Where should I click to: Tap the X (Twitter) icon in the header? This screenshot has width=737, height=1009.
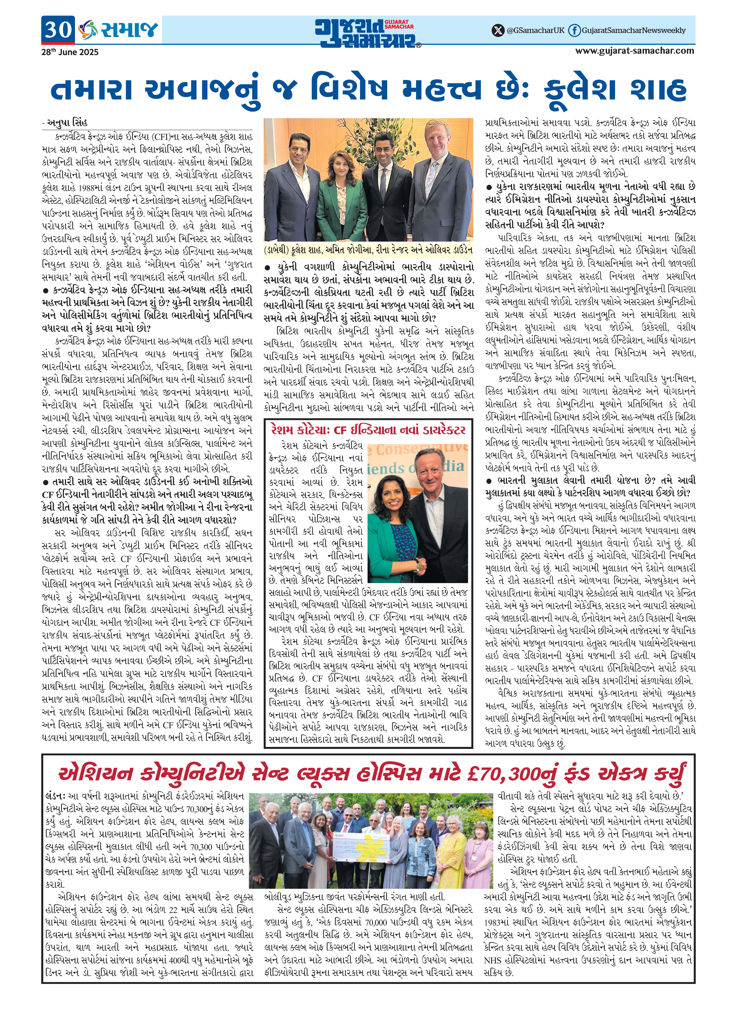pos(497,30)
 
